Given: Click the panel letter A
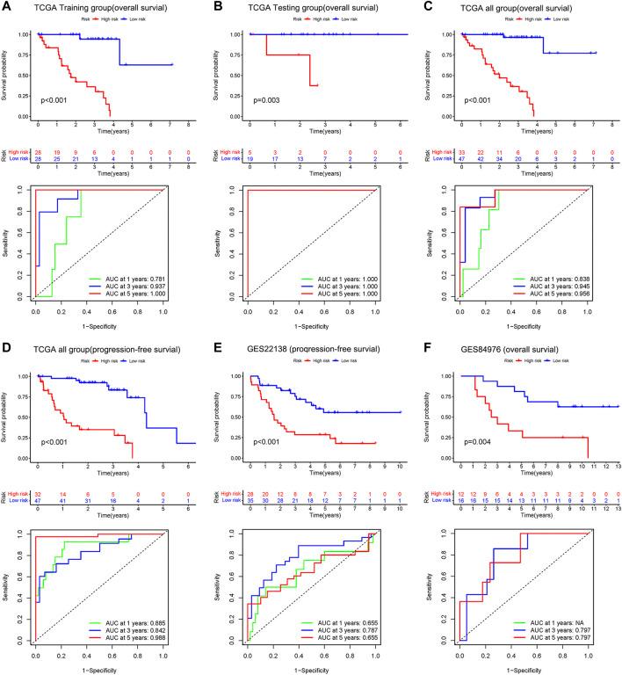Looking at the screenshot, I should pyautogui.click(x=6, y=7).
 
